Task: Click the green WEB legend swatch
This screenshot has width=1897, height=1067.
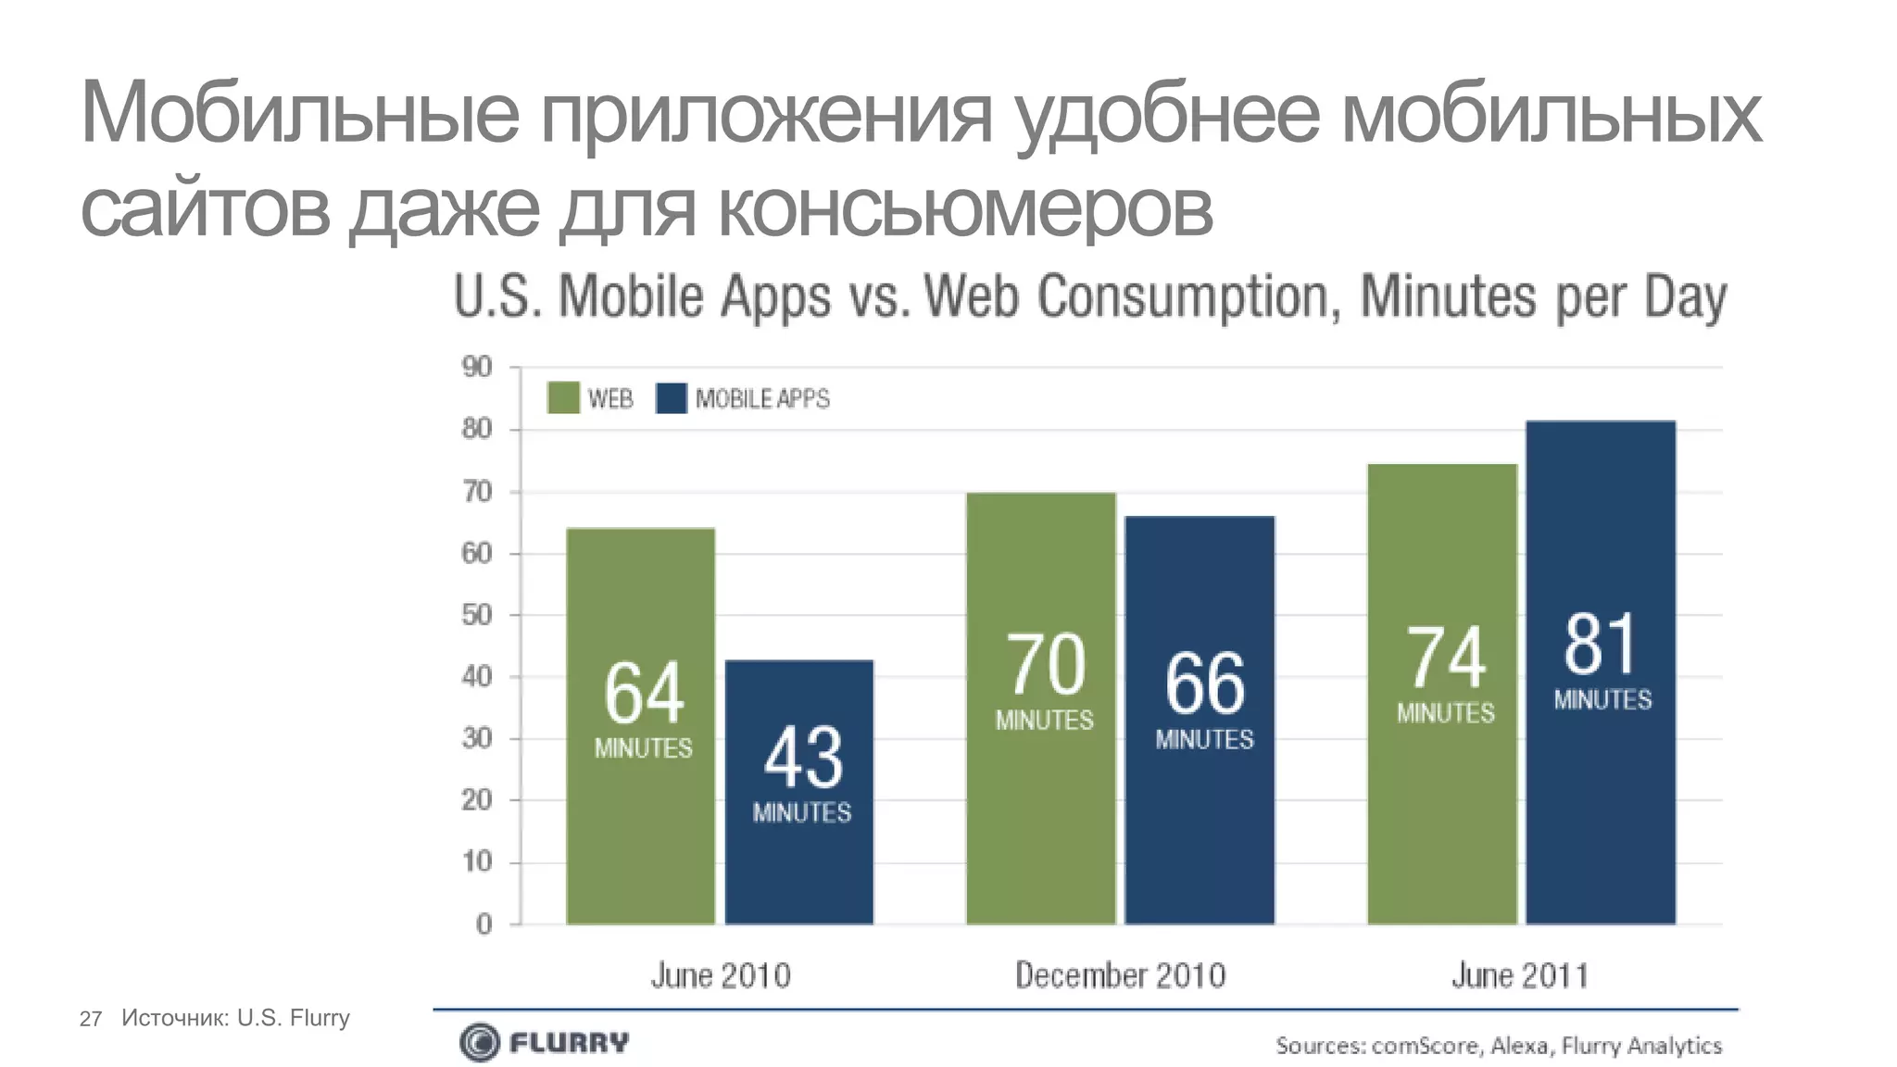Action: (x=563, y=398)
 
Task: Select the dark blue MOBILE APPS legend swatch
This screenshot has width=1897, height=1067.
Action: (x=672, y=398)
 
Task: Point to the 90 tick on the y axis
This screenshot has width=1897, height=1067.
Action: (x=477, y=368)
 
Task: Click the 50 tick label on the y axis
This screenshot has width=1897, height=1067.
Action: (x=477, y=615)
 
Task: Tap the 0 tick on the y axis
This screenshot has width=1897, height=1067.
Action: (x=484, y=924)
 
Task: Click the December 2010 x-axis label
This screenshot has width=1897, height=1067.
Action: (x=1120, y=975)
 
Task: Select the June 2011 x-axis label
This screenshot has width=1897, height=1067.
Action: (x=1519, y=975)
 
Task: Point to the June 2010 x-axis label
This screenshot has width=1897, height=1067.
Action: (x=721, y=975)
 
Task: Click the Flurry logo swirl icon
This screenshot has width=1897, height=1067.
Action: (x=479, y=1043)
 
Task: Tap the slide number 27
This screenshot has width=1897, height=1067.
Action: (x=91, y=1019)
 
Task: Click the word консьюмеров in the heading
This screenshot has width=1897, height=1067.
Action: (x=964, y=209)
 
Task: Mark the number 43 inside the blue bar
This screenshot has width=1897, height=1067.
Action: (x=803, y=758)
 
